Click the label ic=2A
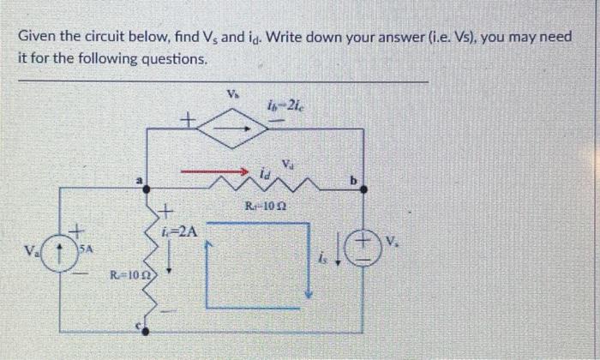pos(181,231)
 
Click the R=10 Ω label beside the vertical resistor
pos(125,275)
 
